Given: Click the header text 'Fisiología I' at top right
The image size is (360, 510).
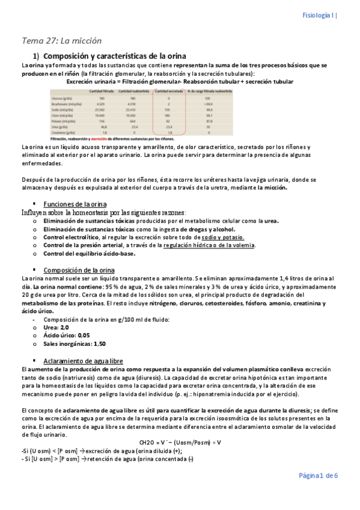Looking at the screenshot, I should [319, 16].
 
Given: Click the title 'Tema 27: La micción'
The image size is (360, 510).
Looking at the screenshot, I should [62, 41].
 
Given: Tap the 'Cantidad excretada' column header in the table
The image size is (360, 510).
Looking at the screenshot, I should [168, 91].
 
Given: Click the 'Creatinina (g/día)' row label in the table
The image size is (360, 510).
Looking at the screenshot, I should [64, 132].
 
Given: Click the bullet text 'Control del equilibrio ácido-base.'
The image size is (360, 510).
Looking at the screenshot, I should [90, 253].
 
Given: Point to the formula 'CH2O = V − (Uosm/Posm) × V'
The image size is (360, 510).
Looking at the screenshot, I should [180, 442].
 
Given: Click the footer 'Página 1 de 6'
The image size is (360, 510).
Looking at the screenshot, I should [319, 475].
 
